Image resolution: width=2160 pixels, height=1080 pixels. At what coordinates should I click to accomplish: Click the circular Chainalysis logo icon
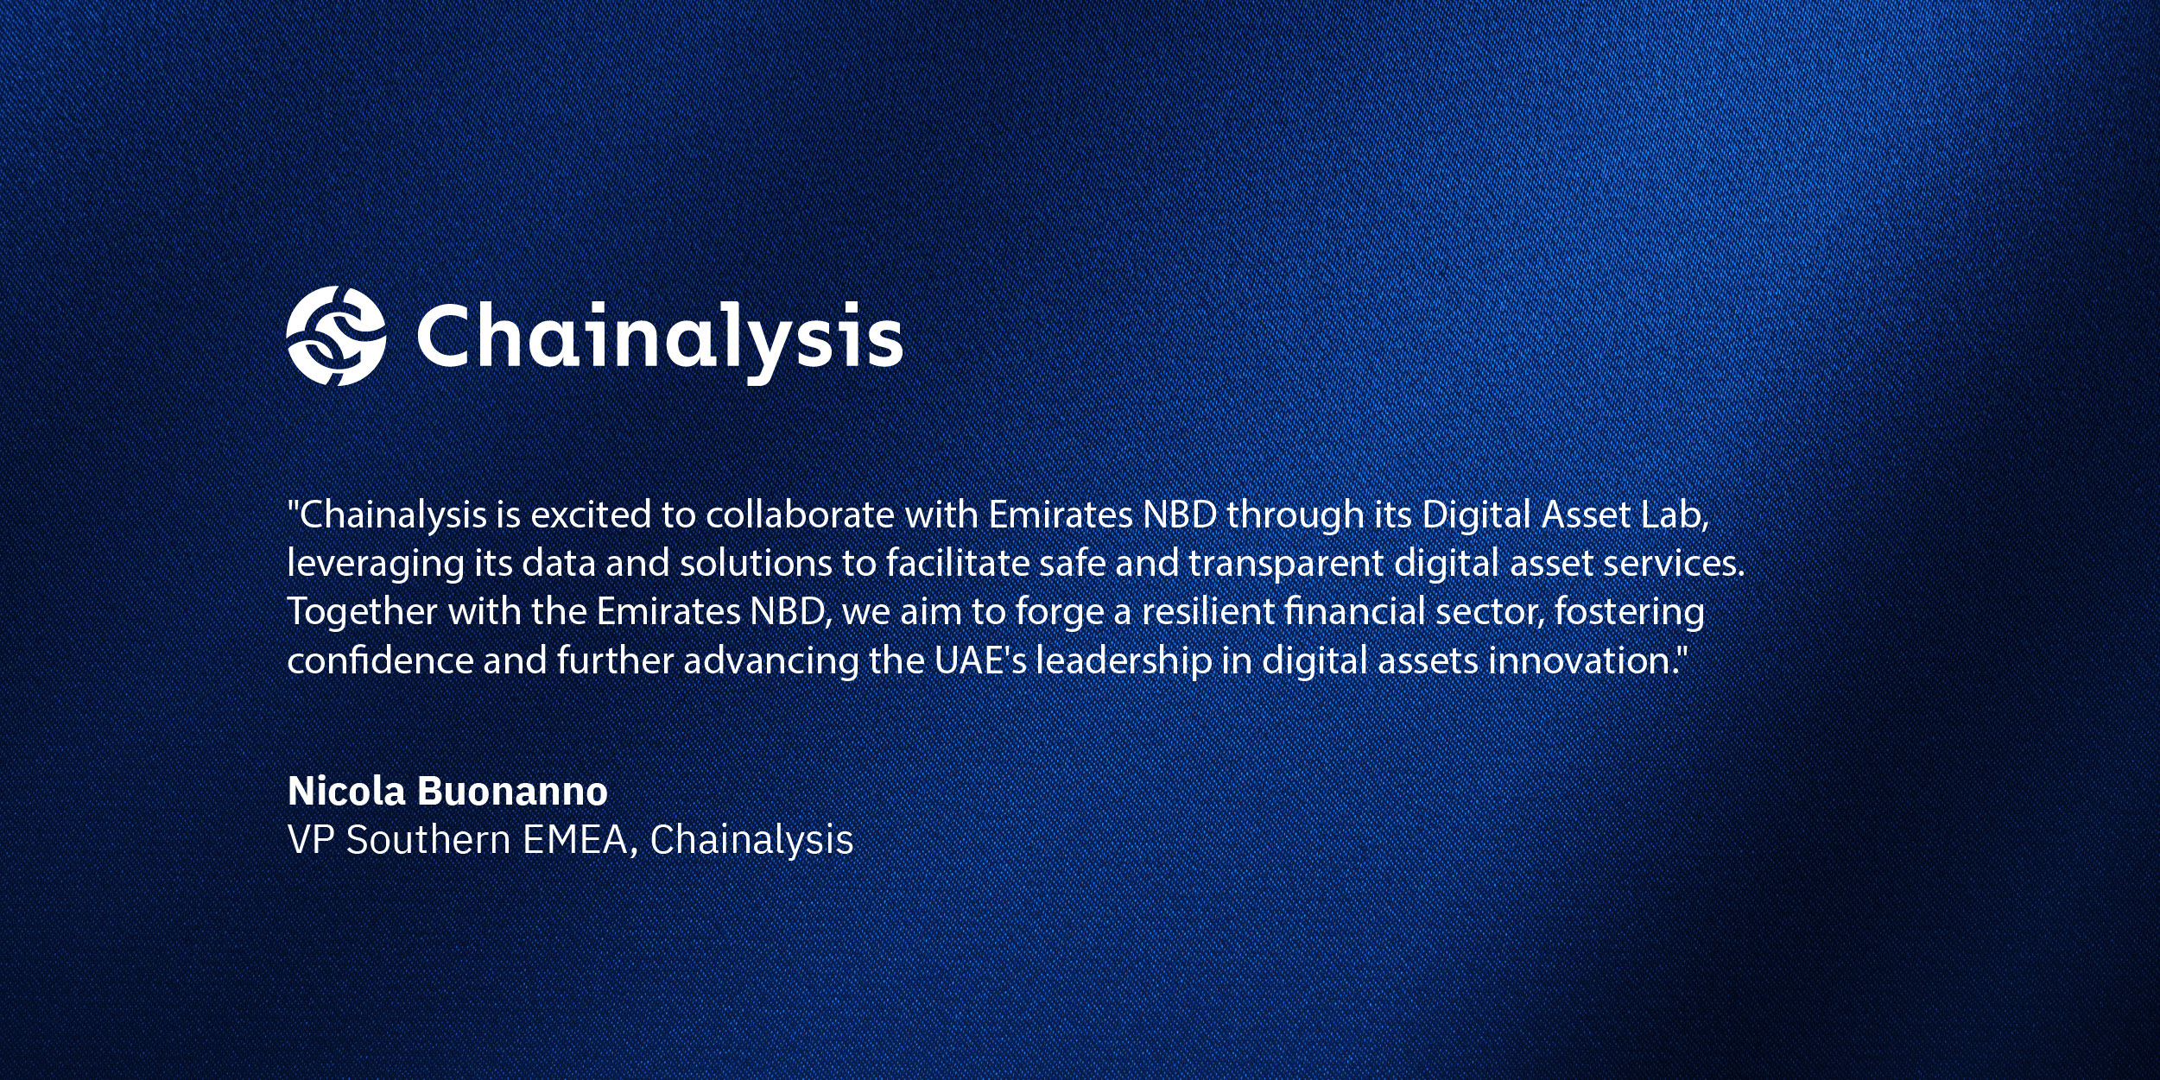(336, 336)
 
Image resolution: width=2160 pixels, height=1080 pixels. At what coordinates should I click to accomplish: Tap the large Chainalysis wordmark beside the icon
(660, 341)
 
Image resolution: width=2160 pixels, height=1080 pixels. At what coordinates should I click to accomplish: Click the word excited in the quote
(591, 515)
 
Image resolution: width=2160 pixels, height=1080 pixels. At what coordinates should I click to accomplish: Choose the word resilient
(1208, 611)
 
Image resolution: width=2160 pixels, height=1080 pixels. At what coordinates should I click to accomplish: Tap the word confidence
(380, 660)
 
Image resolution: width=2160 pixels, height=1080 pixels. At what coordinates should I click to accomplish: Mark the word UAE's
(980, 660)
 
